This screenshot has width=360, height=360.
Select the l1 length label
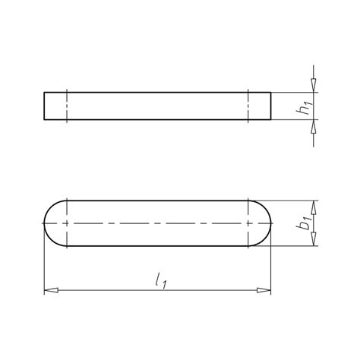click(160, 283)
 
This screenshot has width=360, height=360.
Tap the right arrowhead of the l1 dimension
click(264, 290)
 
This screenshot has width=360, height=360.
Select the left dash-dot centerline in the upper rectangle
click(68, 106)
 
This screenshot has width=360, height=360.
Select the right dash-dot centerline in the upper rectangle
click(248, 106)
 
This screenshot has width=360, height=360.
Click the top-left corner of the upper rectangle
click(44, 93)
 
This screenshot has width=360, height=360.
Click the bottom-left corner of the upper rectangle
click(44, 119)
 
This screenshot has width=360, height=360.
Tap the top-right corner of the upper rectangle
click(270, 93)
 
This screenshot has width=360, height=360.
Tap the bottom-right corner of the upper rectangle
click(270, 119)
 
